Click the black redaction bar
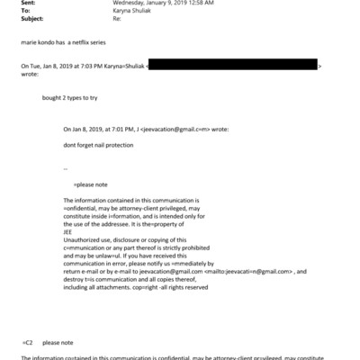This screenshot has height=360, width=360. point(232,67)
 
